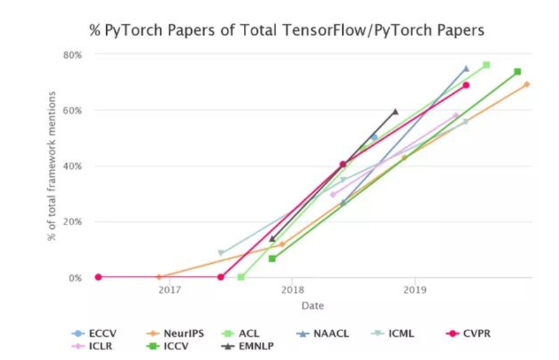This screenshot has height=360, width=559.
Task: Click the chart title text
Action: [286, 30]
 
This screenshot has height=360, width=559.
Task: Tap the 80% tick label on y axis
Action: [73, 55]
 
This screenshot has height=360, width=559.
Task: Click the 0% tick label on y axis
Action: [75, 278]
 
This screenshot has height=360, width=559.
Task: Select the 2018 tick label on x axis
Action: [292, 291]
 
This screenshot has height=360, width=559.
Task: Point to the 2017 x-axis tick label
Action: [169, 291]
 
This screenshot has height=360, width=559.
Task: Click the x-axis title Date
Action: [313, 305]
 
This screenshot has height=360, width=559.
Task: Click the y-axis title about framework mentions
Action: [51, 166]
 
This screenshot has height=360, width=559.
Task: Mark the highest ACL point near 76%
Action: [486, 65]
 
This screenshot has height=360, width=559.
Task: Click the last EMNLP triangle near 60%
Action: [395, 111]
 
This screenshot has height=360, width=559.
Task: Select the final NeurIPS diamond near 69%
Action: [527, 84]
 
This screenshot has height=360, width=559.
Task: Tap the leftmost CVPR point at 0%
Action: [98, 277]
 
